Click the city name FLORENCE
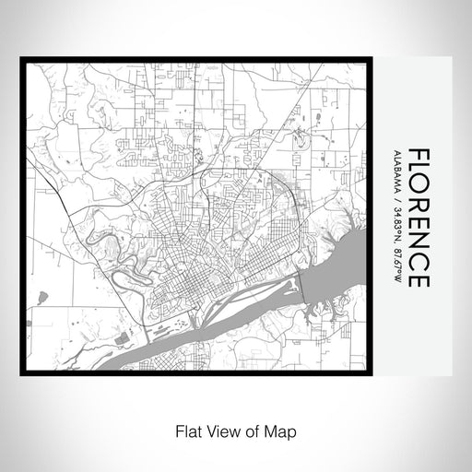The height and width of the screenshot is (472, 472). coord(415,216)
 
